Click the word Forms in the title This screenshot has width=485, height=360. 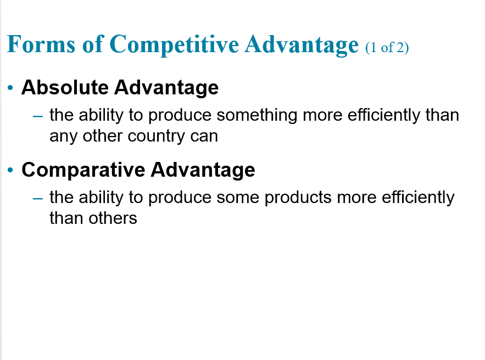[41, 44]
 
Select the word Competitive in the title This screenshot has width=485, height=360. [174, 45]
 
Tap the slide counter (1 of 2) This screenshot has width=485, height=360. [387, 48]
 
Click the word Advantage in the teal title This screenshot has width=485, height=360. [302, 45]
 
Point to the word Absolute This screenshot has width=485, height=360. [65, 87]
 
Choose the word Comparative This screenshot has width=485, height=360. [83, 170]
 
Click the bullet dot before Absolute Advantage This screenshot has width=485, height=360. [10, 88]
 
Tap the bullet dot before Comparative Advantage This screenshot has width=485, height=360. [10, 170]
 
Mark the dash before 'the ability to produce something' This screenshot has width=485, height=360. [38, 116]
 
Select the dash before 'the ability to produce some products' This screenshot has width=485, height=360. [38, 199]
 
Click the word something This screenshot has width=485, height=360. [257, 116]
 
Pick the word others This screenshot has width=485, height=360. [113, 218]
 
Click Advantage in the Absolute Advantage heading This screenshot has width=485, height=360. [166, 88]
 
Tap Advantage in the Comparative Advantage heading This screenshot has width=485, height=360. [203, 171]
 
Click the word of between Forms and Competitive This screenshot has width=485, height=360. [92, 44]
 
